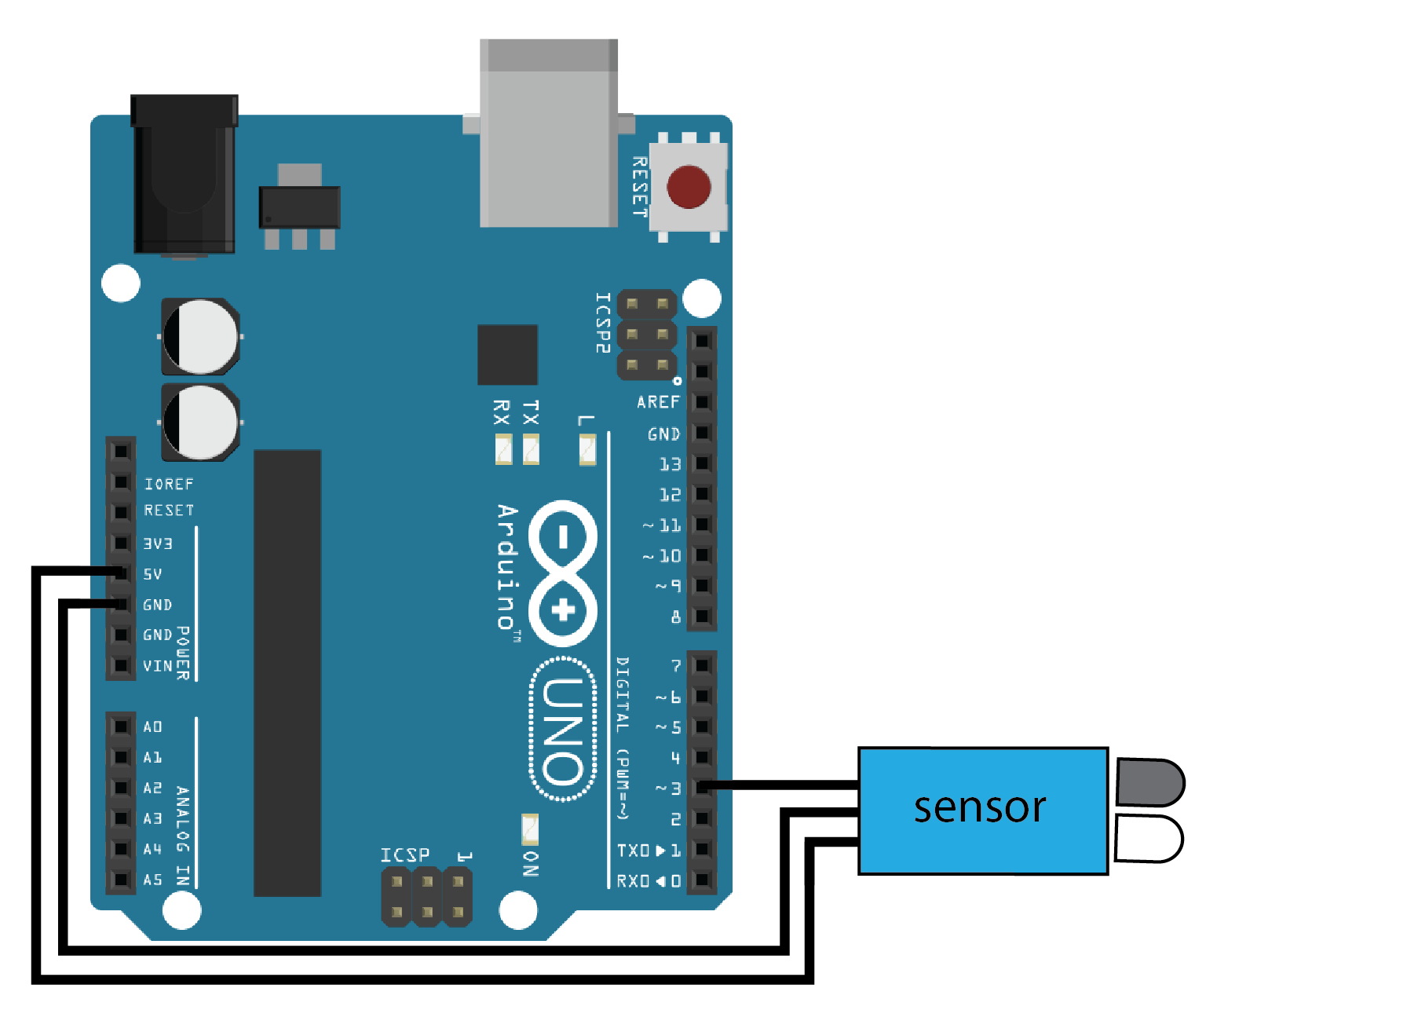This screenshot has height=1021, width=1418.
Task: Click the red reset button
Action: tap(689, 187)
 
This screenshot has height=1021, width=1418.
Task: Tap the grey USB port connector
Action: tap(548, 134)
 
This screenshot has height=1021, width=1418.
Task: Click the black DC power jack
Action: tap(185, 174)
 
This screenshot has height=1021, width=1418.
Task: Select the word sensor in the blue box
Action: tap(980, 807)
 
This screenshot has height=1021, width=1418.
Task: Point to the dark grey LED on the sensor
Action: tap(1149, 781)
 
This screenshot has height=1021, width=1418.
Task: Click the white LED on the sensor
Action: tap(1147, 838)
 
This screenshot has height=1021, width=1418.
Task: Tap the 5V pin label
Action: tap(152, 574)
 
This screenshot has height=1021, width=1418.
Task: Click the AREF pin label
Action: tap(658, 402)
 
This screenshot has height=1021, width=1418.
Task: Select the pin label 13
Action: tap(670, 464)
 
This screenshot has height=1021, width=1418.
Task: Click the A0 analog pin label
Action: tap(152, 726)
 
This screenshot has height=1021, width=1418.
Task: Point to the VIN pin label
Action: tap(157, 666)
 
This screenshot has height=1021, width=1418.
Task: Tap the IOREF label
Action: tap(168, 484)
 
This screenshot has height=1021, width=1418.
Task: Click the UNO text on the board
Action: tap(563, 730)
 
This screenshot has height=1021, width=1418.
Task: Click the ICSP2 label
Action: tap(602, 323)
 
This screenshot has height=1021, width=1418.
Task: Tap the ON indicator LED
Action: tap(530, 829)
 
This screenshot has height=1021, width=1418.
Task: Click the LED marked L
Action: tap(587, 449)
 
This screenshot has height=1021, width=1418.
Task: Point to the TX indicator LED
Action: tap(531, 449)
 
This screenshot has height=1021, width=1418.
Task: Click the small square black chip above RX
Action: tap(507, 354)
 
